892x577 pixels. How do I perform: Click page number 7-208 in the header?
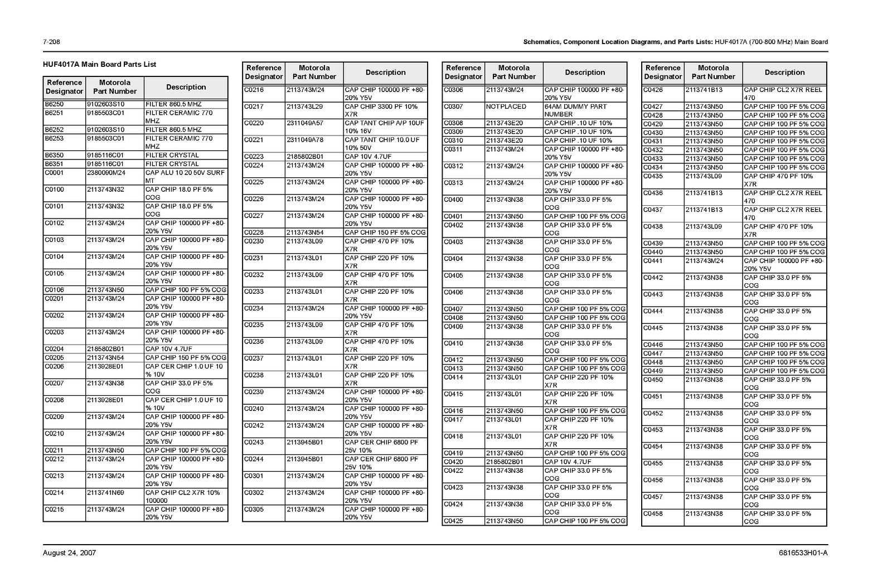click(x=51, y=42)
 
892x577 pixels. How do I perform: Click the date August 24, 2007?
click(x=69, y=553)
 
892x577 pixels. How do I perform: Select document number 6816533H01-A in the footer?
click(x=803, y=553)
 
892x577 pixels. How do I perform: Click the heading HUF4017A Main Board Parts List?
click(x=99, y=64)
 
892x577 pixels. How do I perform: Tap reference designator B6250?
click(x=54, y=104)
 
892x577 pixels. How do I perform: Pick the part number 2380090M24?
click(x=106, y=173)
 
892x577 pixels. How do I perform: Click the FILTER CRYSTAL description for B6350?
click(x=172, y=156)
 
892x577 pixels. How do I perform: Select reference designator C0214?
click(x=54, y=493)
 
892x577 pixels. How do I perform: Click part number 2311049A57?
click(x=304, y=123)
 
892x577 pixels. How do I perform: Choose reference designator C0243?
click(x=254, y=443)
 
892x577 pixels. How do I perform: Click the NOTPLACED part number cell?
click(x=506, y=106)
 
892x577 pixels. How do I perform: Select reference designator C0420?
click(x=453, y=462)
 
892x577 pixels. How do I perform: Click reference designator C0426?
click(x=653, y=90)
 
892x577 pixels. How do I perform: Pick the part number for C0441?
click(x=704, y=261)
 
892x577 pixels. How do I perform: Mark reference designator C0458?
click(x=653, y=514)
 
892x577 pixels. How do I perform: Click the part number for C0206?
click(x=105, y=367)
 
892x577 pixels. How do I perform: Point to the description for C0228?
click(x=385, y=232)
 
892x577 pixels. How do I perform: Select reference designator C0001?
click(x=54, y=173)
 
